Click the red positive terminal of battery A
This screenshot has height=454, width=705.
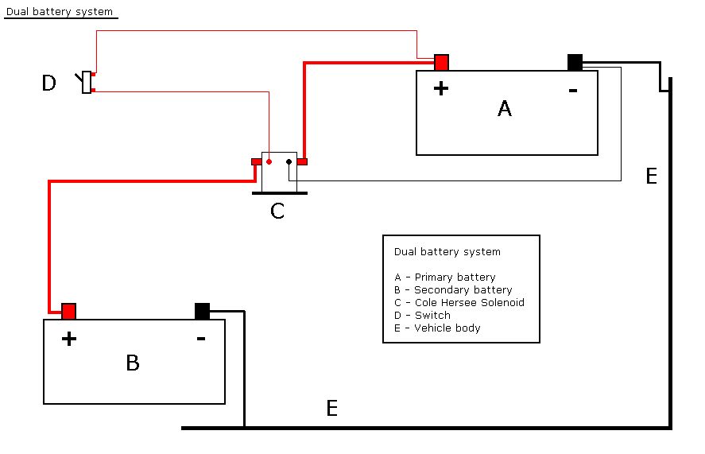click(442, 63)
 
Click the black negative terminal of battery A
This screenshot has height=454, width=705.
click(575, 63)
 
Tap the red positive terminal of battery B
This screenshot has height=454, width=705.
click(69, 311)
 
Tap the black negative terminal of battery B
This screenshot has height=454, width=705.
click(202, 311)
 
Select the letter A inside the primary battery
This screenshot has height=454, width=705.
click(505, 108)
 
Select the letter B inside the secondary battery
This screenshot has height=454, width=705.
click(133, 363)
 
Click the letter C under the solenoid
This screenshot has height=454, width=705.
click(277, 211)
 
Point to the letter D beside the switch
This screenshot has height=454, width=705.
click(49, 83)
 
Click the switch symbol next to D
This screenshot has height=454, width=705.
click(87, 82)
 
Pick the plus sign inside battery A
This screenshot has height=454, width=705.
click(441, 88)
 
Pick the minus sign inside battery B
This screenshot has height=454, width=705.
click(201, 339)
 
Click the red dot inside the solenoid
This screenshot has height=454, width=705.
click(269, 162)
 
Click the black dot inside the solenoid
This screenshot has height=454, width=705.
click(289, 162)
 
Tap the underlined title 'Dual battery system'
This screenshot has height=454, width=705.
click(60, 13)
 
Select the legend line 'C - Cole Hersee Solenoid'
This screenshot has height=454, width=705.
click(459, 303)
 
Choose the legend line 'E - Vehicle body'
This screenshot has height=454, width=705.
click(437, 328)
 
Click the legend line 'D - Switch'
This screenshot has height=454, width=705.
click(422, 316)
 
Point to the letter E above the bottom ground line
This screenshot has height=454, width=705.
click(332, 409)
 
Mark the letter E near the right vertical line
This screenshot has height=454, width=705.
click(652, 177)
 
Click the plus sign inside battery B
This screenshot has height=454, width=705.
click(69, 340)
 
